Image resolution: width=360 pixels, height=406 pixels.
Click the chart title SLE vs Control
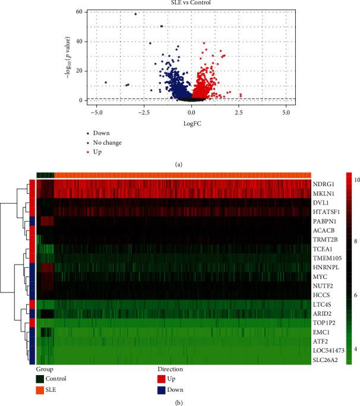point(192,4)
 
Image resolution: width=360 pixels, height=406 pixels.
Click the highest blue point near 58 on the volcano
point(135,14)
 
